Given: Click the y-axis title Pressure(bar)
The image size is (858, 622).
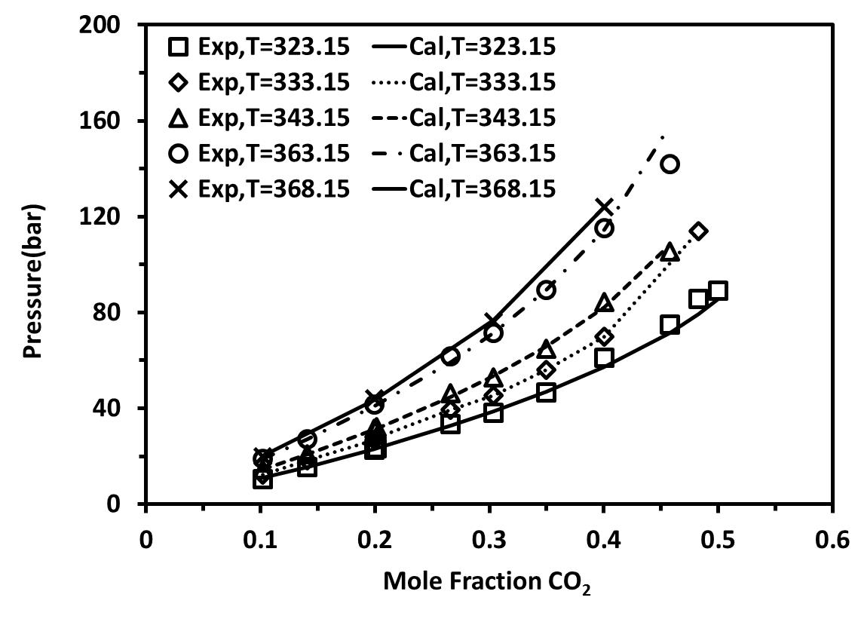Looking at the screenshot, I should [35, 281].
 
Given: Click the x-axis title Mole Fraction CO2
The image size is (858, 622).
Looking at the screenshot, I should [487, 582].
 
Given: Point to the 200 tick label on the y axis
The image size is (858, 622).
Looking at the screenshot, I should [107, 25].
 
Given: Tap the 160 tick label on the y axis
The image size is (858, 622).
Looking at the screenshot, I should [107, 121].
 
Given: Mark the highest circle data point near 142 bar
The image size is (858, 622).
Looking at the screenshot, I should [670, 164].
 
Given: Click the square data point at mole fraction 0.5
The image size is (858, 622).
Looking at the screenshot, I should [718, 291].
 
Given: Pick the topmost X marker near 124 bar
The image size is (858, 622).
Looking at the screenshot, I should [603, 206].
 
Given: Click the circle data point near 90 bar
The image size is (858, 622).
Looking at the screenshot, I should [547, 290].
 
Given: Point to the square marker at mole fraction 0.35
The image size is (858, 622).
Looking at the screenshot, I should [547, 392].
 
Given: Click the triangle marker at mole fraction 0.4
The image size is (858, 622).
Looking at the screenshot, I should [604, 303].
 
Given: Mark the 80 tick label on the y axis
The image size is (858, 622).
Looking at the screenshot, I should [113, 312].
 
